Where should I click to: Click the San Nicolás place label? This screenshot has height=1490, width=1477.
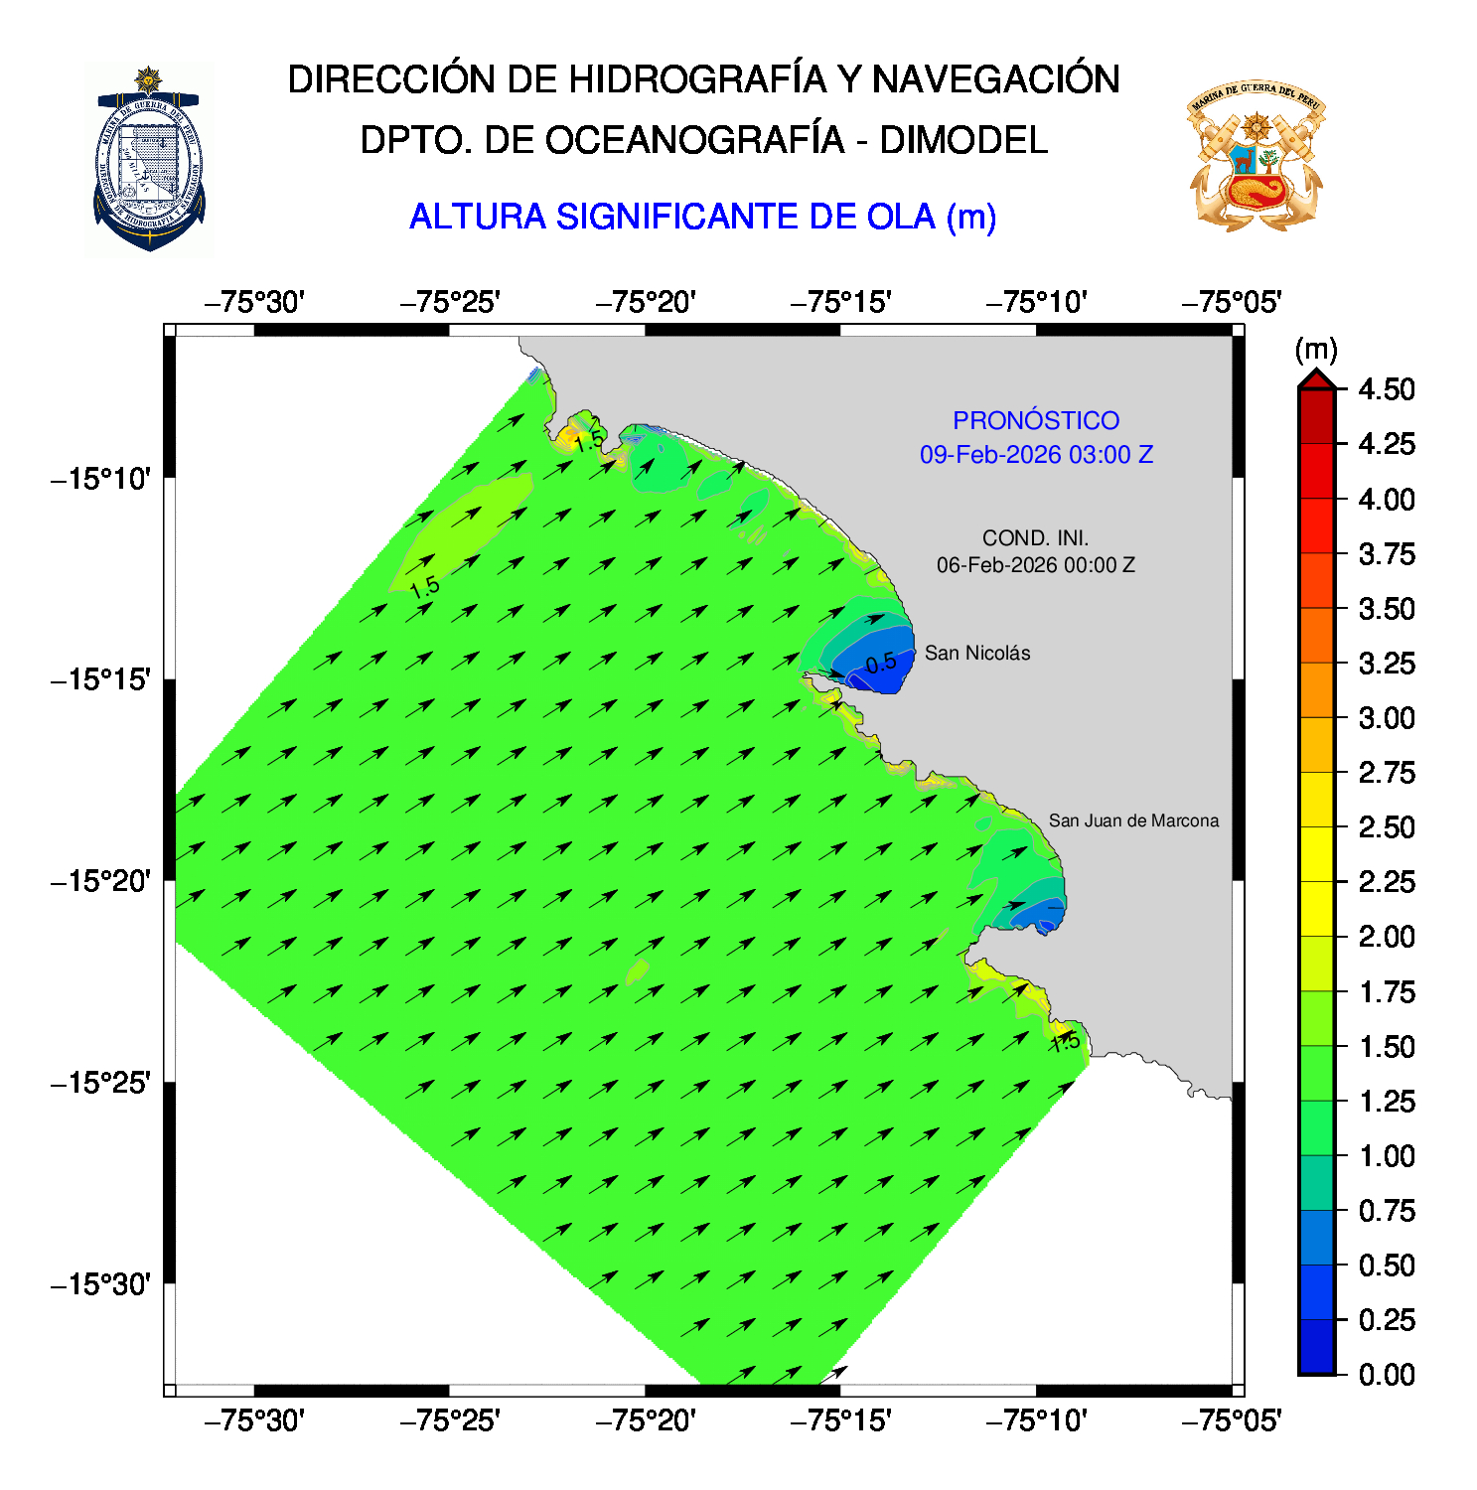point(976,653)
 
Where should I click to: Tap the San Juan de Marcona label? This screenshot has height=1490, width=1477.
point(1132,820)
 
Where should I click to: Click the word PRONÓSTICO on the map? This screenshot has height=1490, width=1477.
point(1035,420)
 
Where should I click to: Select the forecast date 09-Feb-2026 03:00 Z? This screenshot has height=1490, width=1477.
point(1035,455)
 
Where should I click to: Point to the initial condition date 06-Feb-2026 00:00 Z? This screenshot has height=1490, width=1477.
point(1035,565)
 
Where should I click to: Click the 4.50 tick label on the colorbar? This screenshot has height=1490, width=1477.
point(1386,389)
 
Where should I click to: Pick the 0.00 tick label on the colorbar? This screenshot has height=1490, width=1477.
point(1386,1375)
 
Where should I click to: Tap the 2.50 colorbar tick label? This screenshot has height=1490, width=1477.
point(1386,827)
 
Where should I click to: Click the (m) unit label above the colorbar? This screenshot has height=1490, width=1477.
point(1315,350)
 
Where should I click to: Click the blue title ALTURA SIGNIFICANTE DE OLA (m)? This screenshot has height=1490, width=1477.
point(702,217)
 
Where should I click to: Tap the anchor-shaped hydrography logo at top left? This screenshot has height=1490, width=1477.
point(149,159)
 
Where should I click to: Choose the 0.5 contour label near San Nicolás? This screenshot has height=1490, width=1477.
point(880,664)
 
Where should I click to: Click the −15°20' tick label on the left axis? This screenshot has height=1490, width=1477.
point(101,881)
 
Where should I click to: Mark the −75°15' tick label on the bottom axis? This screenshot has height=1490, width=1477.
point(840,1421)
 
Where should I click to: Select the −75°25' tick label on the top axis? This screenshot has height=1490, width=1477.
point(449,302)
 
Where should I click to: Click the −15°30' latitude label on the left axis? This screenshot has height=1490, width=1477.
point(101,1284)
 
